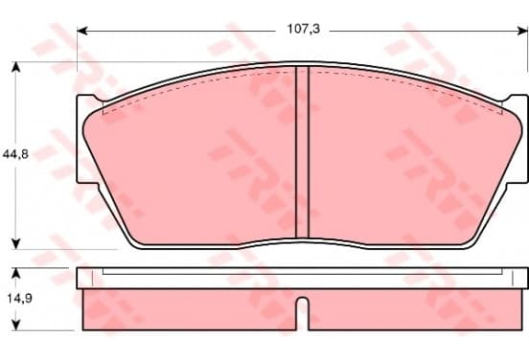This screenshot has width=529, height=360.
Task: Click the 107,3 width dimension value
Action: [x=303, y=30]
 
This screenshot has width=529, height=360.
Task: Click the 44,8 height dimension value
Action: [x=15, y=154]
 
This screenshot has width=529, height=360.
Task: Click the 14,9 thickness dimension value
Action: [x=19, y=299]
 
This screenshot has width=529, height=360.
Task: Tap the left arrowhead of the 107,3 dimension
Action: [x=82, y=31]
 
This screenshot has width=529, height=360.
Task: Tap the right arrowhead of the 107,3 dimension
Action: [x=522, y=31]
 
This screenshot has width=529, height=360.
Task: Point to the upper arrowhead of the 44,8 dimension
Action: [x=16, y=67]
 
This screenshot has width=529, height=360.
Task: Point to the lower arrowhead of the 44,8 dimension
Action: [x=16, y=244]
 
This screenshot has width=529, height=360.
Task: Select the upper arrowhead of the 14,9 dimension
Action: [x=16, y=274]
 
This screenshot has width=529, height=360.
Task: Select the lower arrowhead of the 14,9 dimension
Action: [x=16, y=325]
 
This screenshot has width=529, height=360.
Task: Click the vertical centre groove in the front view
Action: [x=302, y=152]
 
